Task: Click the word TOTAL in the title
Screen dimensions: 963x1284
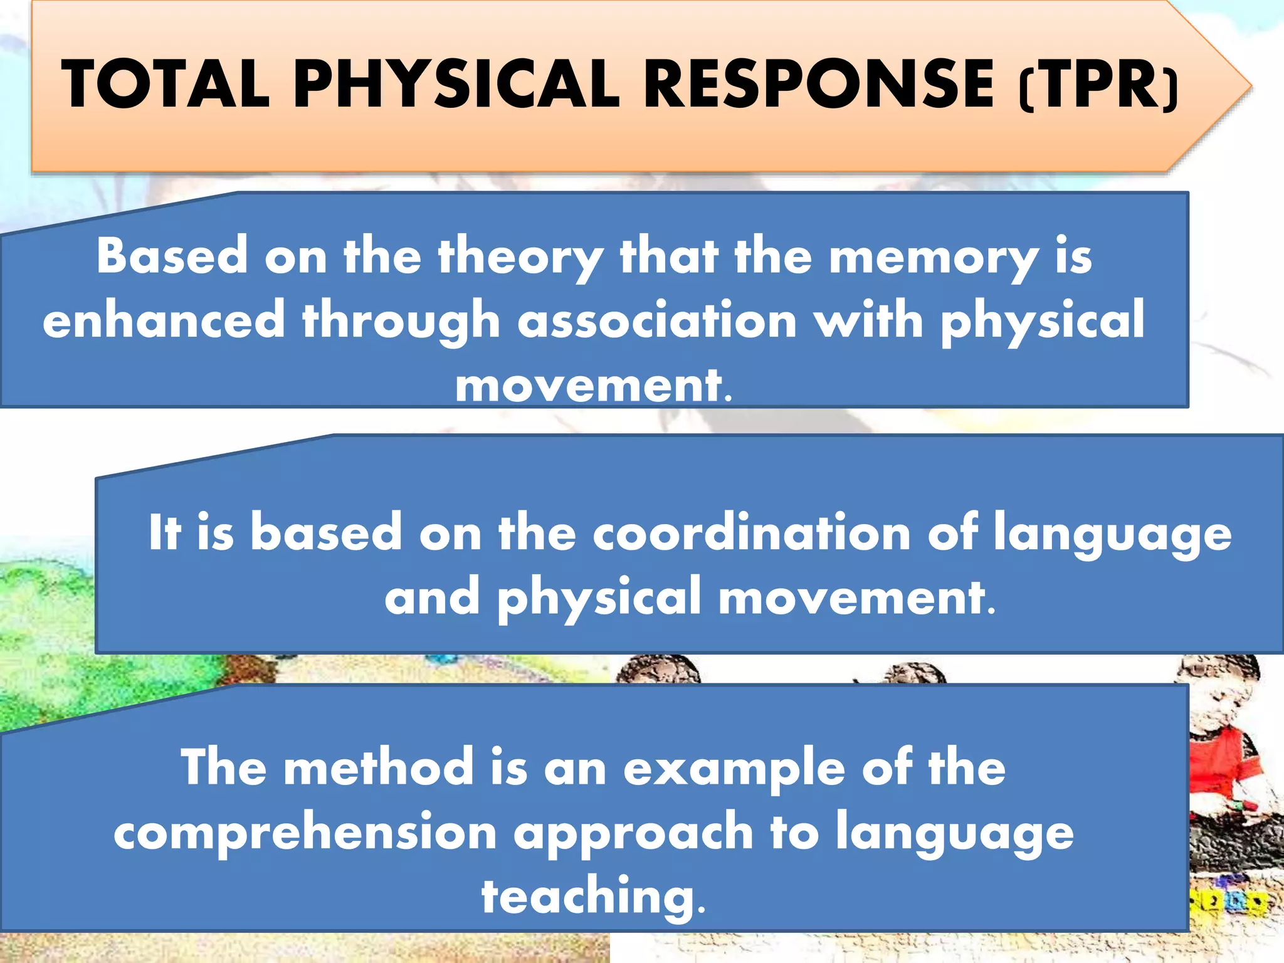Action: (166, 85)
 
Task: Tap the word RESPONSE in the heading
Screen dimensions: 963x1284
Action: (818, 85)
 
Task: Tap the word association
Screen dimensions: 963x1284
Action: (658, 320)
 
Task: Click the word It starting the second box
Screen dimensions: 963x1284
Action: (165, 533)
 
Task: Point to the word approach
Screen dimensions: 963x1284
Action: (633, 834)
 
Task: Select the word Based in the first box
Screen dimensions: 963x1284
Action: (172, 256)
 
